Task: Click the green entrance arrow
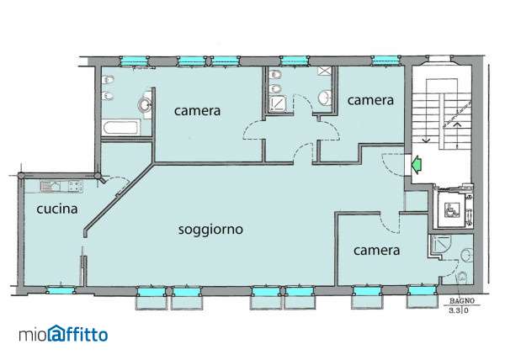(417, 164)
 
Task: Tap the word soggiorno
(210, 230)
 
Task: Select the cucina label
(57, 209)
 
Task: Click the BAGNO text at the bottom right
(462, 301)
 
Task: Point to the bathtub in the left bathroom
(122, 127)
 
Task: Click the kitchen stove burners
(76, 186)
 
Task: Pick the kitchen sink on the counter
(50, 186)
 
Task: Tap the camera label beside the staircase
(370, 100)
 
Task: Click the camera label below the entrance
(376, 251)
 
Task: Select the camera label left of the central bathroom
(197, 111)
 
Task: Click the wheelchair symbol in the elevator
(450, 209)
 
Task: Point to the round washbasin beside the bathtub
(145, 104)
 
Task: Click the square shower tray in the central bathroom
(278, 103)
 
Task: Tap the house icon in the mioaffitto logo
(56, 333)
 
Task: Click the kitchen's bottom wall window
(60, 290)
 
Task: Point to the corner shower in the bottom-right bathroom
(439, 243)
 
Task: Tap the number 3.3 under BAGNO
(454, 310)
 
